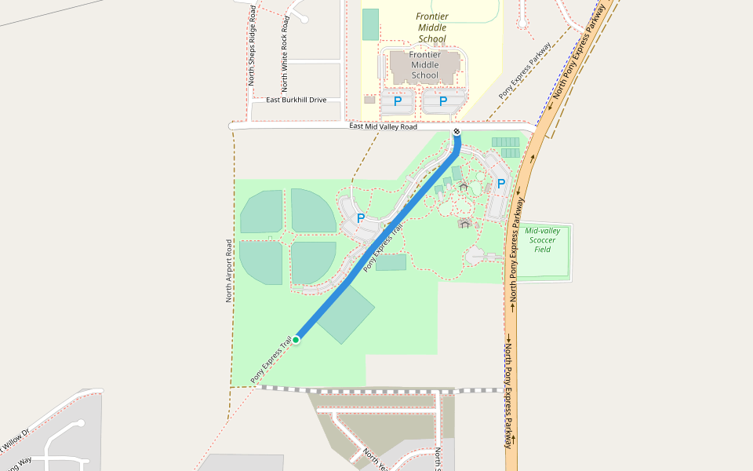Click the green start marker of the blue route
coord(296,340)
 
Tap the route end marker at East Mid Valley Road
coord(457,131)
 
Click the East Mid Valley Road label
coord(383,126)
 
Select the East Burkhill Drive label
coord(296,100)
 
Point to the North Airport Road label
coord(229,271)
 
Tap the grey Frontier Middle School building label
coord(424,65)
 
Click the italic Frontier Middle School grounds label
coord(432,27)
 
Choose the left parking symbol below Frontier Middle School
coord(398,101)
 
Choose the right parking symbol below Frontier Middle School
coord(443,101)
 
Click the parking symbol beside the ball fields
coord(361,218)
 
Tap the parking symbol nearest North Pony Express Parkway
coord(500,184)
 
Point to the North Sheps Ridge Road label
coord(252,46)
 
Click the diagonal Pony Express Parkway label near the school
coord(525,71)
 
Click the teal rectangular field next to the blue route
coord(346,314)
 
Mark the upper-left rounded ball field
coord(261,212)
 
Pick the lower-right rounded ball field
coord(313,262)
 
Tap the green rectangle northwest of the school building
coord(370,24)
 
